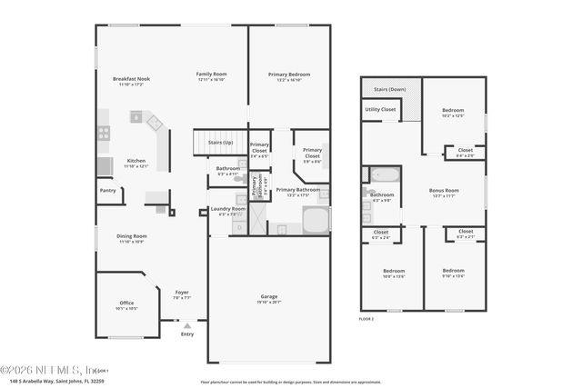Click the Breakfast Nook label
[x=131, y=79]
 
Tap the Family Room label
[x=211, y=74]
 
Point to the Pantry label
[x=107, y=191]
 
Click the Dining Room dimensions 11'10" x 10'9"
[x=131, y=242]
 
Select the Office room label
[x=126, y=303]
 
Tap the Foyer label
[x=182, y=292]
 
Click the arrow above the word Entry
[x=187, y=324]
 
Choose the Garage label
[x=268, y=296]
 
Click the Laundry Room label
[x=227, y=209]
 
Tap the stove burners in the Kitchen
[x=104, y=133]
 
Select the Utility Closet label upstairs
[x=380, y=109]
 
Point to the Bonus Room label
[x=444, y=191]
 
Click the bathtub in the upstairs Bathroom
[x=385, y=175]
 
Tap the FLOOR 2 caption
[x=366, y=320]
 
